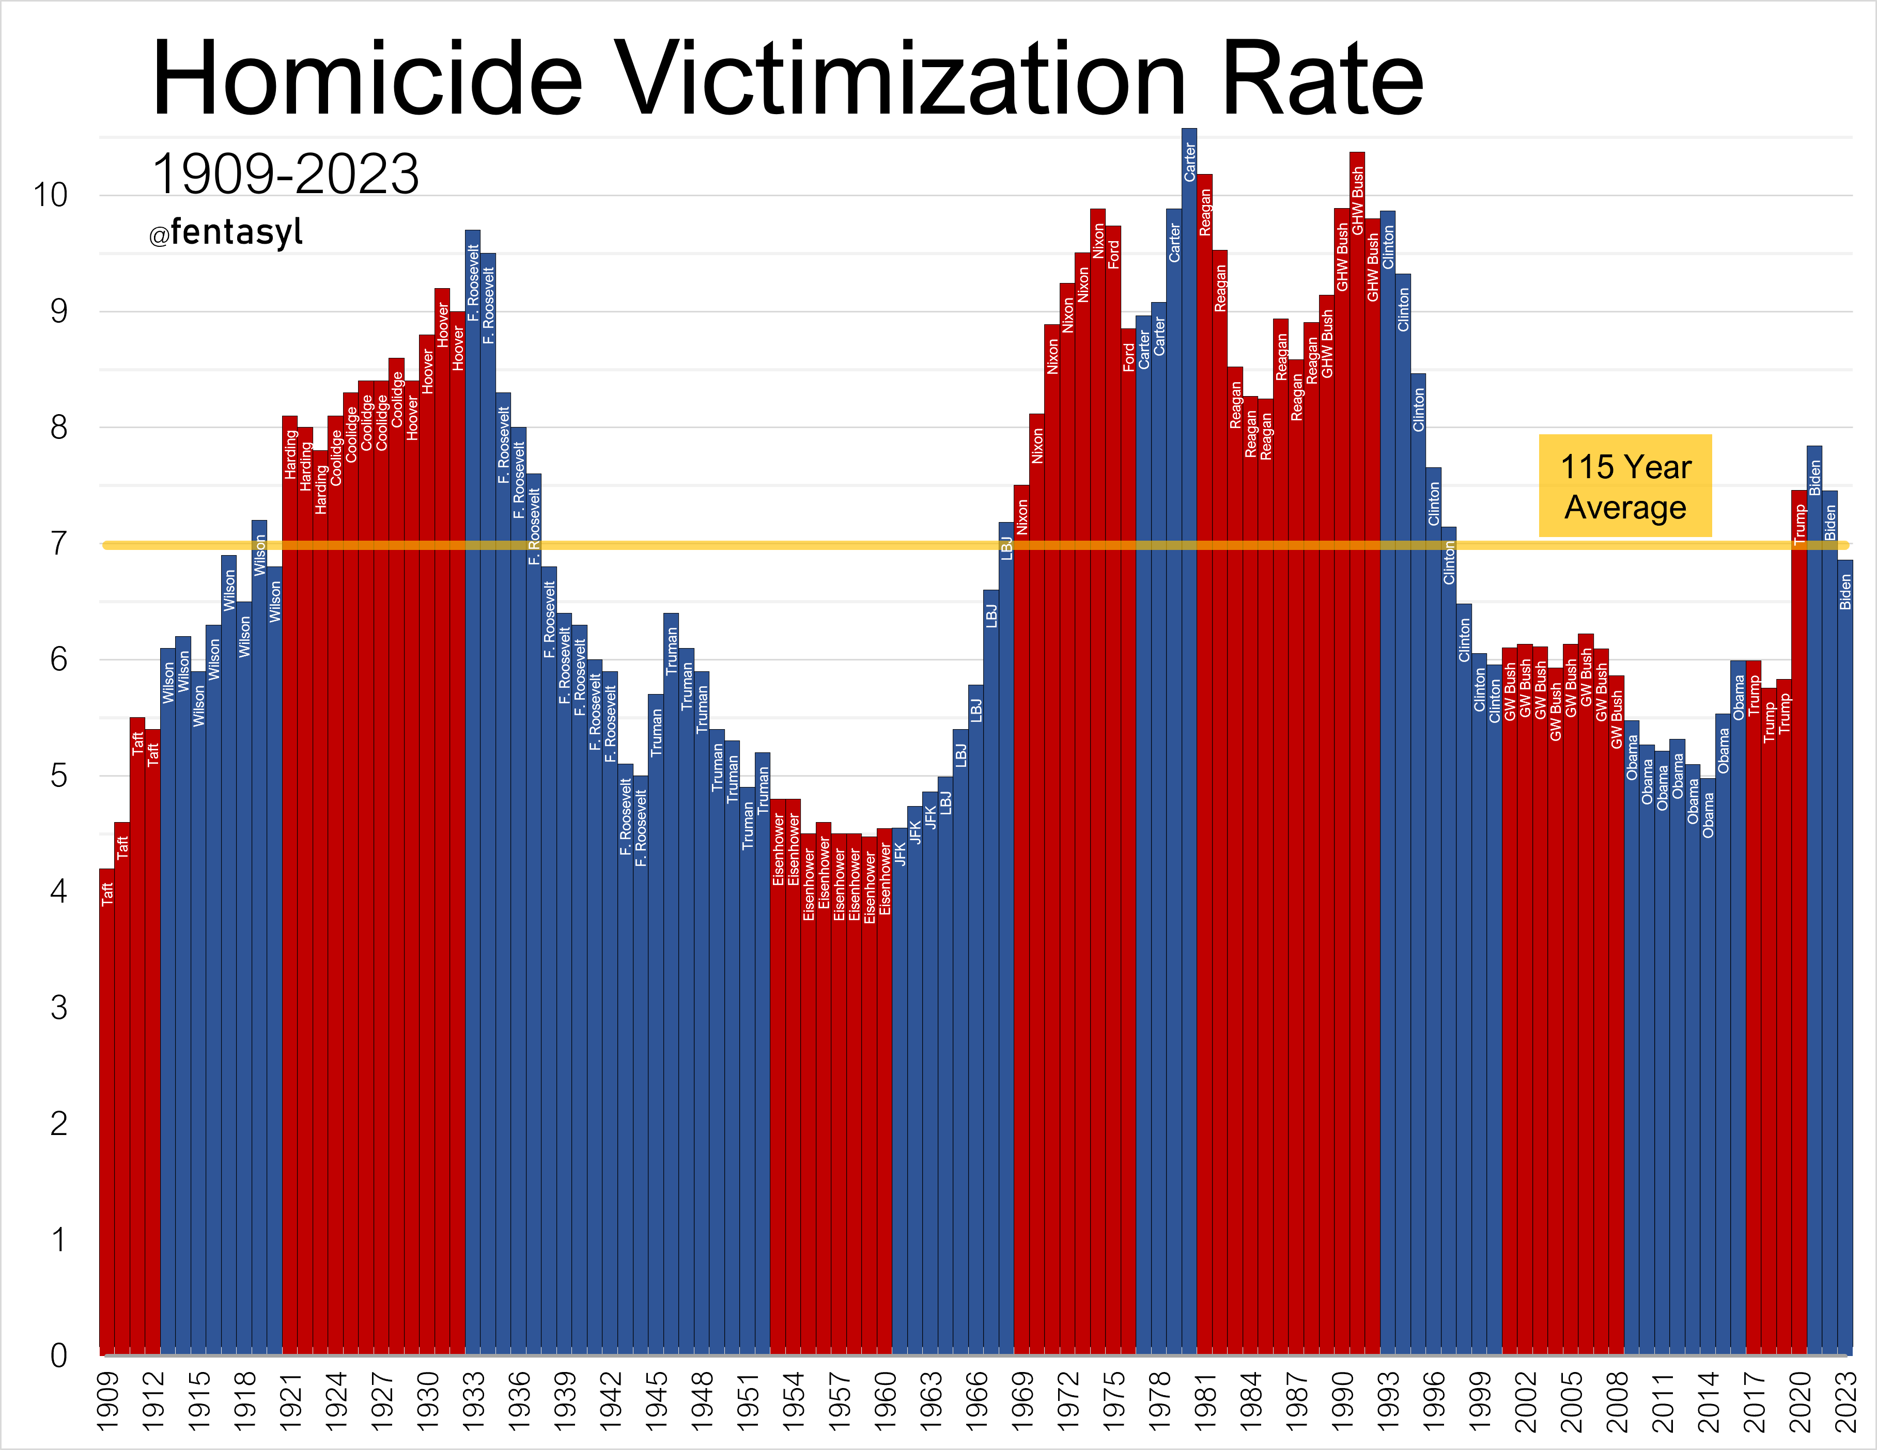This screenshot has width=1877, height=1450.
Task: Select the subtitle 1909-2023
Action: point(285,175)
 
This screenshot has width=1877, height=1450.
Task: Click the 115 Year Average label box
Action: point(1624,486)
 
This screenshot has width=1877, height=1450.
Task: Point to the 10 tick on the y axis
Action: point(50,195)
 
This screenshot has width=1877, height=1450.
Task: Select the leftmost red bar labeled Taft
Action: point(106,1117)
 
